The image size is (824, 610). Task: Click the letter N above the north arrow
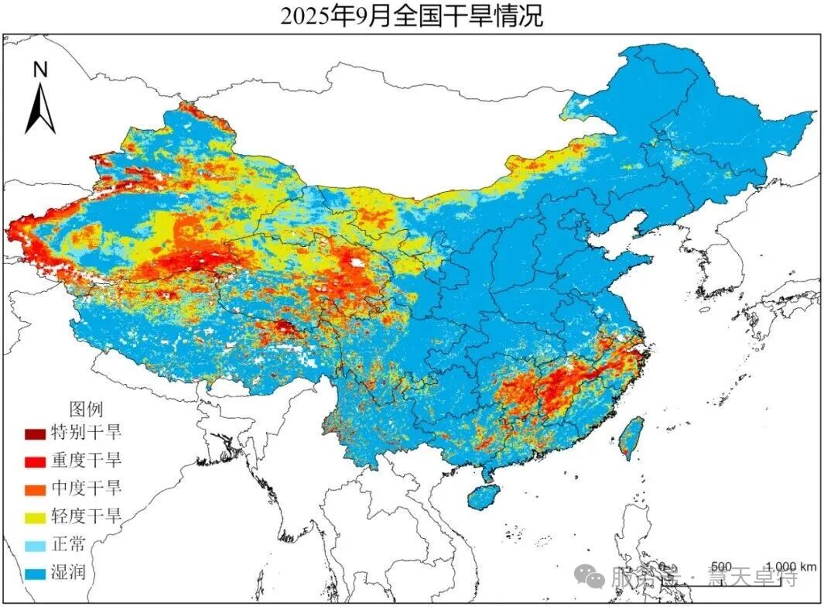point(40,70)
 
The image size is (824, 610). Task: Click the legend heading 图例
point(86,409)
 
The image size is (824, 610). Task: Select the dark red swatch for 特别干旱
point(35,434)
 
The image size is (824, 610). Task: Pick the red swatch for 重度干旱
point(35,461)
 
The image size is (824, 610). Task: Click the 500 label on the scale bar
point(721,566)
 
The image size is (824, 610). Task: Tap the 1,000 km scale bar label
point(791,566)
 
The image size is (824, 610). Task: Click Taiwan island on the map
point(632,437)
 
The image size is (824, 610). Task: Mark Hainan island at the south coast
point(486,496)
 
